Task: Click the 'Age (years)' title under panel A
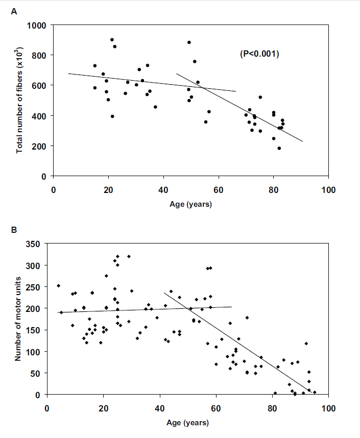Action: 191,204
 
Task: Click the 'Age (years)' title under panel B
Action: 187,423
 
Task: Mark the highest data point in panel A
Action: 112,39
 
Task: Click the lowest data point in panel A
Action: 279,148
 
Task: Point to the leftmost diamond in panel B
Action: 58,286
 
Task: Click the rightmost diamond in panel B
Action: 315,392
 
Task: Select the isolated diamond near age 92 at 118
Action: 306,344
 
